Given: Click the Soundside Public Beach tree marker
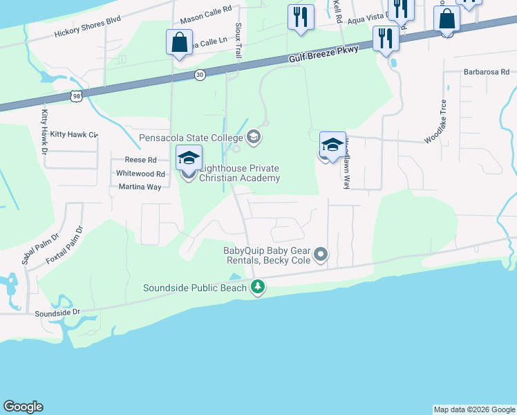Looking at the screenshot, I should (x=258, y=286).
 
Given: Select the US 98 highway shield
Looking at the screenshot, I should (x=77, y=96).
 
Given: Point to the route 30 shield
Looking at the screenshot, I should (x=200, y=75).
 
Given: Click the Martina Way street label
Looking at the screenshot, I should (x=139, y=187).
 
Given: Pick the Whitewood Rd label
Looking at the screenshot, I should (x=141, y=174).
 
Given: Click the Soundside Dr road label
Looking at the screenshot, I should (x=57, y=313).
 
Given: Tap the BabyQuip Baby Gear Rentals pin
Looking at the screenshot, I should (x=320, y=256).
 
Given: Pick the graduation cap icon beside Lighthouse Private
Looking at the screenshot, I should (x=189, y=158).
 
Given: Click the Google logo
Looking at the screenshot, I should (x=23, y=407).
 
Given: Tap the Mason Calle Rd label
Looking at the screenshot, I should (x=205, y=21).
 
